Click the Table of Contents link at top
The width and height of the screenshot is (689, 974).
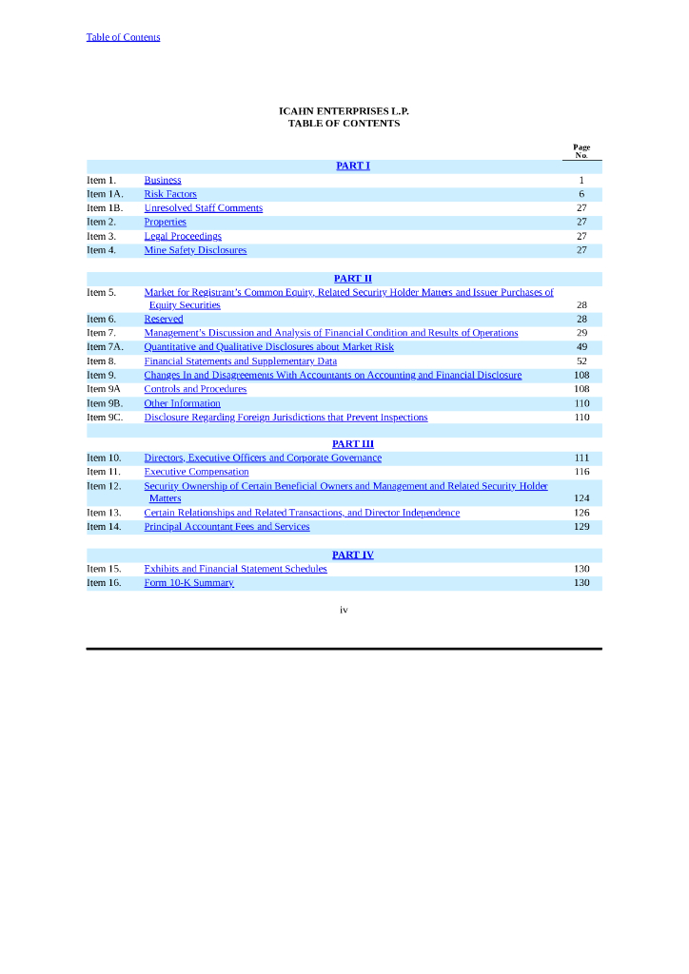pyautogui.click(x=123, y=37)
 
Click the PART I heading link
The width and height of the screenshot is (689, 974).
pyautogui.click(x=352, y=166)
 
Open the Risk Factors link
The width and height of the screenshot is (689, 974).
pyautogui.click(x=170, y=194)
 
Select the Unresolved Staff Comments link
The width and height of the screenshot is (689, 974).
pyautogui.click(x=203, y=208)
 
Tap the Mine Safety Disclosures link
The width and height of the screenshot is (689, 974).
pyautogui.click(x=195, y=250)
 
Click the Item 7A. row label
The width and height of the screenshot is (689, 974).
pyautogui.click(x=105, y=347)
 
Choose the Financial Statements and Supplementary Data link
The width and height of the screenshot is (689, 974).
pyautogui.click(x=240, y=361)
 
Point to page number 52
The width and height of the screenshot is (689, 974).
pyautogui.click(x=581, y=361)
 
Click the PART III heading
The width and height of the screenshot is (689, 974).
pyautogui.click(x=352, y=444)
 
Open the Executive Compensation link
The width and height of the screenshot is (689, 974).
pyautogui.click(x=196, y=472)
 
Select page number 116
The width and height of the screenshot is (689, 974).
pyautogui.click(x=581, y=472)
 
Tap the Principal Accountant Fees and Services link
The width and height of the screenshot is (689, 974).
pyautogui.click(x=226, y=527)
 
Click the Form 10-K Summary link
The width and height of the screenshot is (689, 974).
pyautogui.click(x=188, y=583)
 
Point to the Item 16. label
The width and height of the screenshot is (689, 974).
pyautogui.click(x=104, y=583)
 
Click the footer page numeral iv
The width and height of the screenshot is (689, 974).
pyautogui.click(x=344, y=610)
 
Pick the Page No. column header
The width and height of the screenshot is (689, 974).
pyautogui.click(x=581, y=151)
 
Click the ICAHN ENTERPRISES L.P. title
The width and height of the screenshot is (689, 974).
pyautogui.click(x=344, y=111)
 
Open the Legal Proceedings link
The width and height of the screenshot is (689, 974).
pyautogui.click(x=183, y=236)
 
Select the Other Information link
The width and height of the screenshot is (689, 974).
pyautogui.click(x=182, y=403)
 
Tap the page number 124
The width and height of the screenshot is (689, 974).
pyautogui.click(x=581, y=498)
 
